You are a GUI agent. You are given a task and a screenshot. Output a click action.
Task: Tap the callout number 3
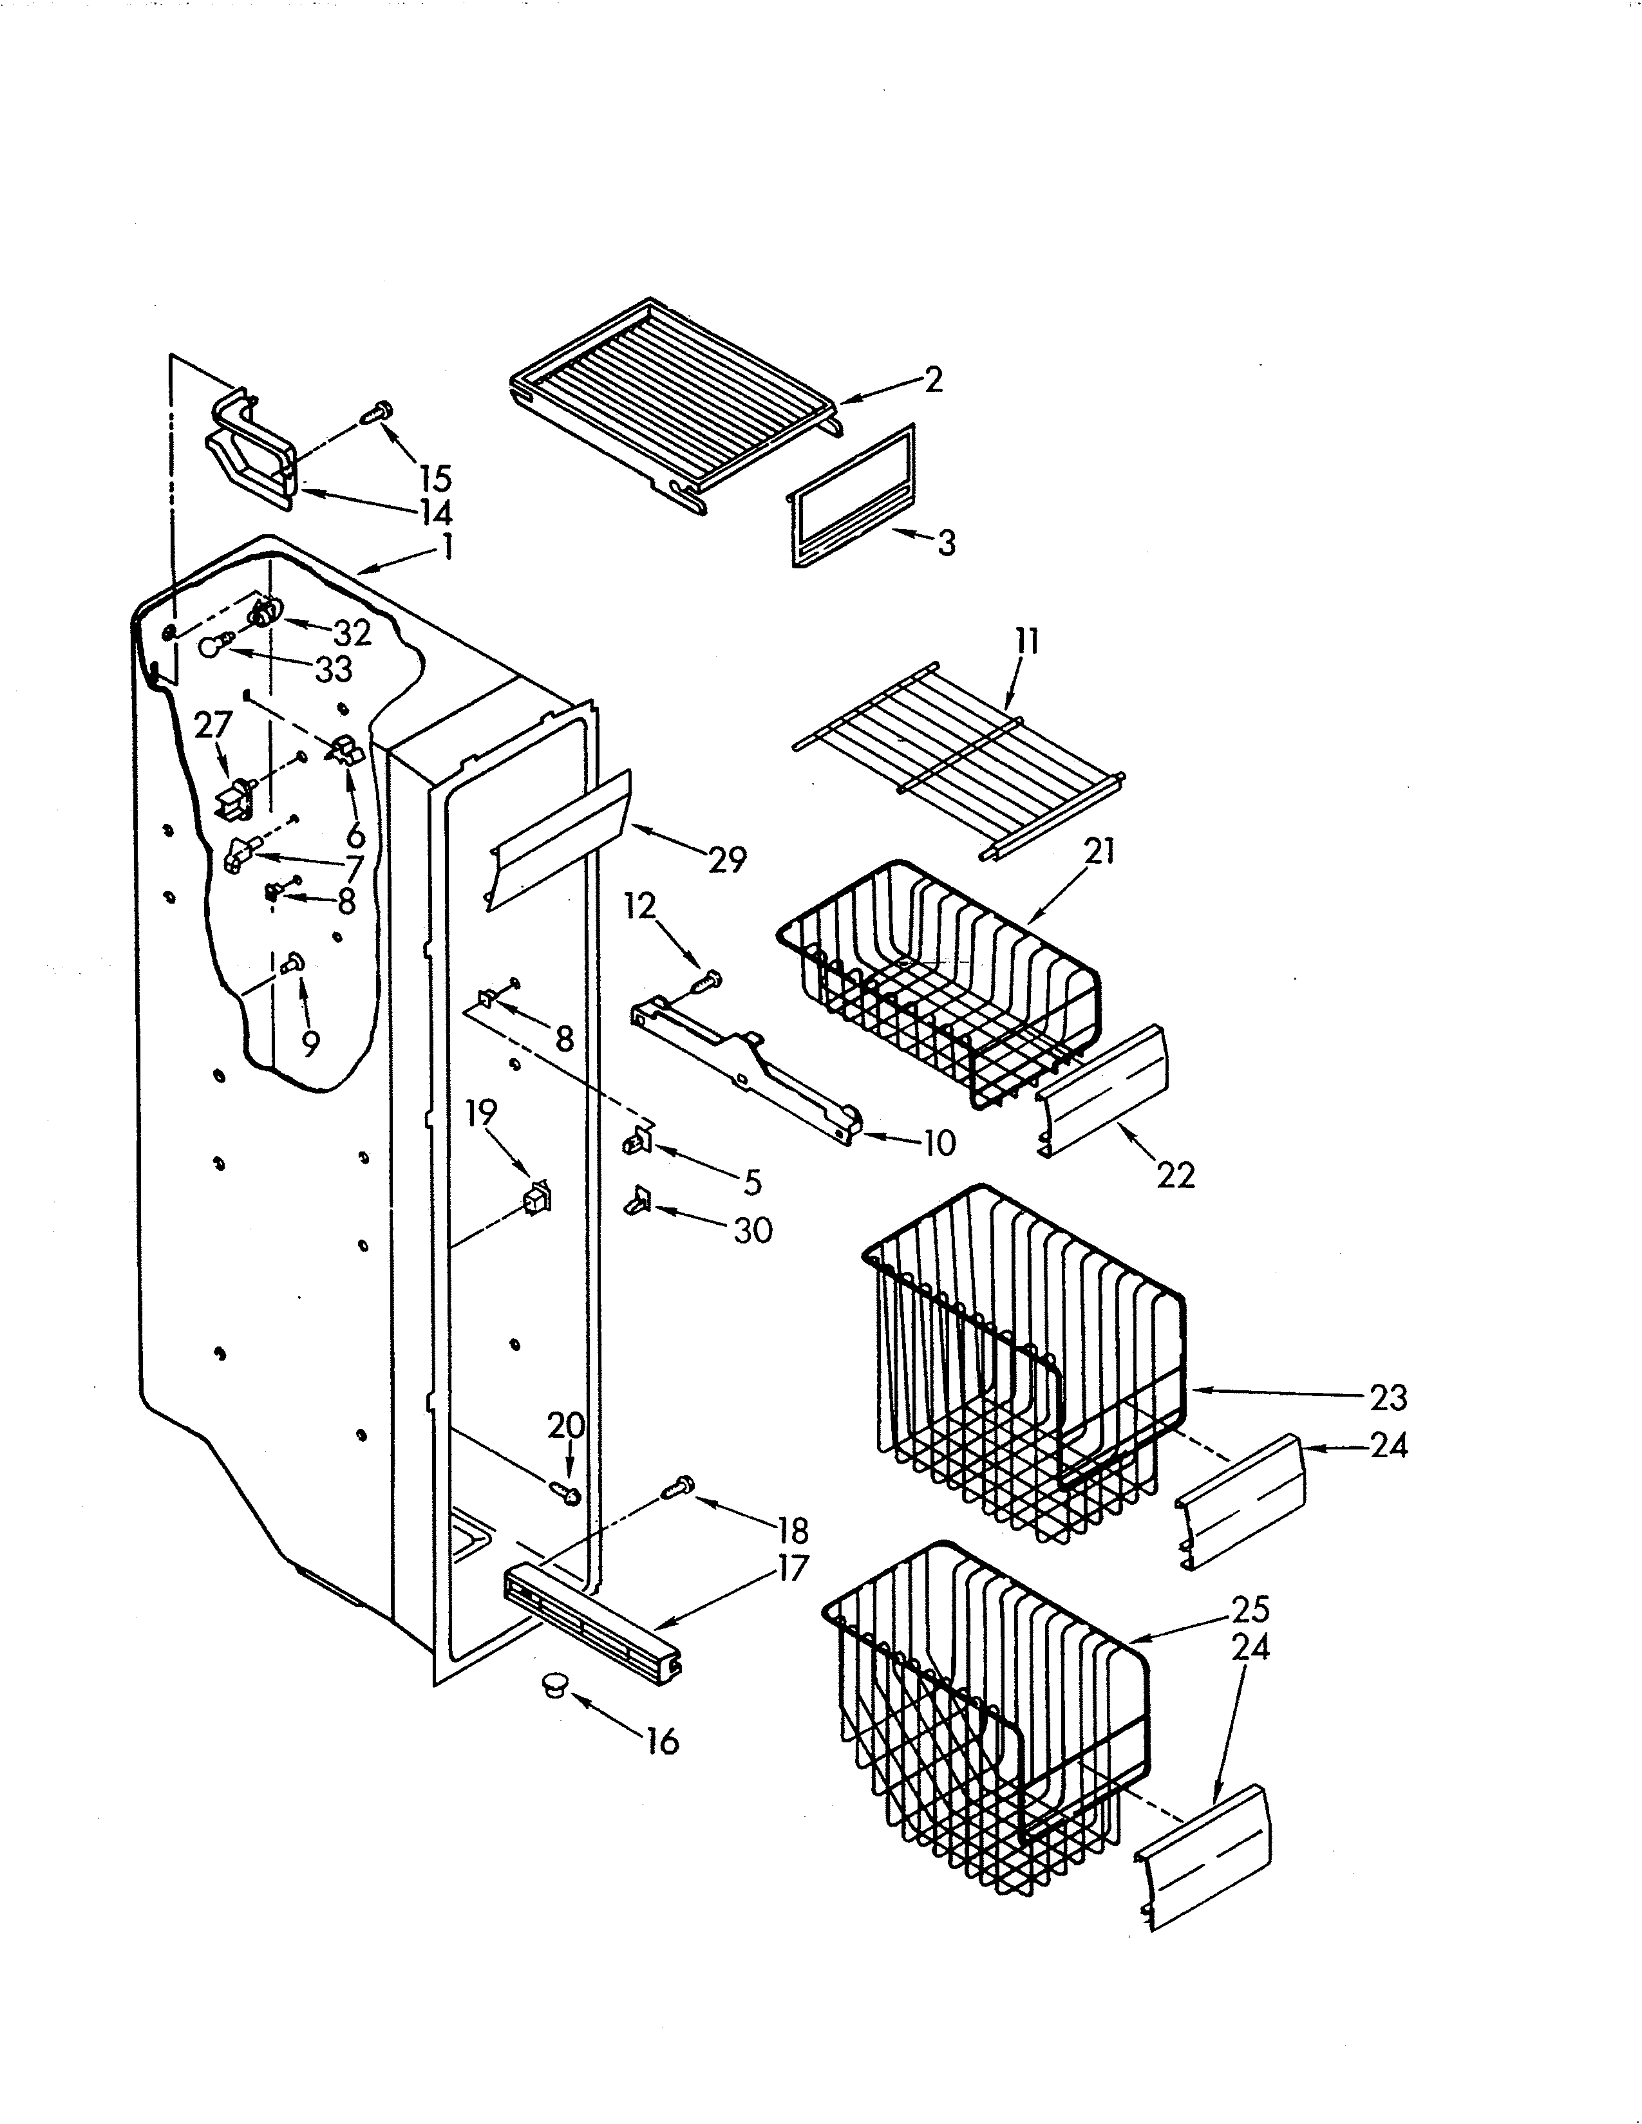[x=945, y=543]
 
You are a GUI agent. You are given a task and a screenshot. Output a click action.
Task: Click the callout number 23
[x=1388, y=1397]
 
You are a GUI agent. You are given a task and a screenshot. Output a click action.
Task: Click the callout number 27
[x=213, y=725]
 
